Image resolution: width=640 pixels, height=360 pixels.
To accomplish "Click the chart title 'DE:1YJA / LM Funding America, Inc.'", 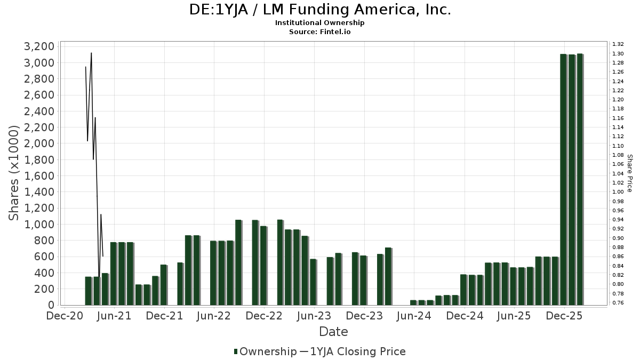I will pyautogui.click(x=320, y=10).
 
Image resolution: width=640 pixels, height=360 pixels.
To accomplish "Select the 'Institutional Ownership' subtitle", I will pyautogui.click(x=320, y=23).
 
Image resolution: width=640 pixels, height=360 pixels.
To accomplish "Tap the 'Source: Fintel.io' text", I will pyautogui.click(x=320, y=31).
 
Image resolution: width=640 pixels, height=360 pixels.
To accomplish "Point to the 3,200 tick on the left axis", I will pyautogui.click(x=39, y=46).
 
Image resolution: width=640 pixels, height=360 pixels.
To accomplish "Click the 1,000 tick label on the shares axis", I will pyautogui.click(x=39, y=225).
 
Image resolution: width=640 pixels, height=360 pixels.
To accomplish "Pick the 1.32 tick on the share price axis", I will pyautogui.click(x=618, y=44).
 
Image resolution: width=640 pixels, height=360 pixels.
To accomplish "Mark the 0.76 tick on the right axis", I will pyautogui.click(x=618, y=303).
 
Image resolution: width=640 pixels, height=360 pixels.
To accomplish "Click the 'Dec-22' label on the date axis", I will pyautogui.click(x=264, y=316).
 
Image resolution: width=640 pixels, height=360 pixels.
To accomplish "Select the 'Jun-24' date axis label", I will pyautogui.click(x=414, y=316).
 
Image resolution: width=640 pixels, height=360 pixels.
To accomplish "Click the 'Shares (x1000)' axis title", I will pyautogui.click(x=15, y=173).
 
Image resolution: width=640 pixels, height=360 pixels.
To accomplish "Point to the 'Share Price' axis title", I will pyautogui.click(x=629, y=173).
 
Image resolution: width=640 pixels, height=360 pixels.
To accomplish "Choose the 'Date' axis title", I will pyautogui.click(x=333, y=332).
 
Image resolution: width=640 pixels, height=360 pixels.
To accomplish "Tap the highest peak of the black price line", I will pyautogui.click(x=91, y=53).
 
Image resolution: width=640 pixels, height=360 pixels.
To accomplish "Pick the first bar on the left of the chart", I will pyautogui.click(x=89, y=291).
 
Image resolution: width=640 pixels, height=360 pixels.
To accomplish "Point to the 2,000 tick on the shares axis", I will pyautogui.click(x=39, y=143).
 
